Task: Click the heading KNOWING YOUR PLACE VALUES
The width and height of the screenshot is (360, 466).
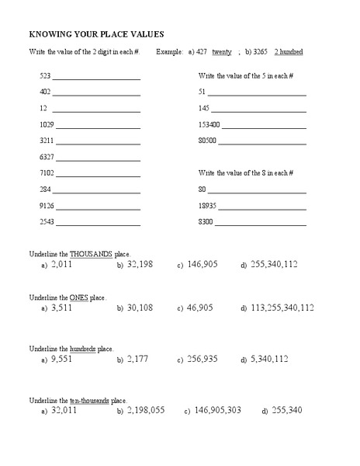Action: [x=96, y=34]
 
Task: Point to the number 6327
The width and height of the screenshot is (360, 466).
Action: [x=47, y=157]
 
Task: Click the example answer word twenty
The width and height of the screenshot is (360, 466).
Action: [x=222, y=52]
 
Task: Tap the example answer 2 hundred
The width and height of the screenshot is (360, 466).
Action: [x=289, y=52]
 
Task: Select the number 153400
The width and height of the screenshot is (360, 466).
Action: [x=209, y=124]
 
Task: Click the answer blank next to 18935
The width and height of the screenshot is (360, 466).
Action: [x=262, y=206]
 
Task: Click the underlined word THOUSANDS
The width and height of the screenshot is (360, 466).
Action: [x=91, y=254]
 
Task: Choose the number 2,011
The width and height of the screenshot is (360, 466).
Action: [x=63, y=265]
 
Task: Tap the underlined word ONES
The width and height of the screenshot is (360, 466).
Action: [x=79, y=297]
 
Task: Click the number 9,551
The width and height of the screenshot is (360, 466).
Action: [x=63, y=360]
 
